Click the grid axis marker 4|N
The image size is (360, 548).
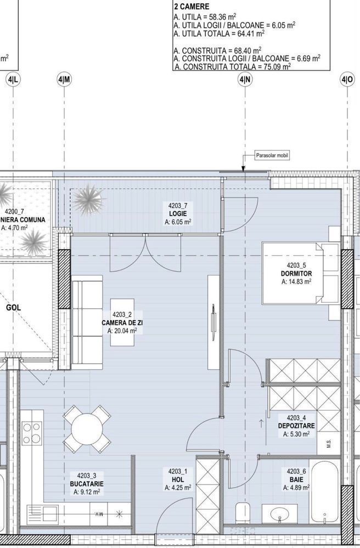[x=245, y=80]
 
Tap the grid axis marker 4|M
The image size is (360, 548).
[x=64, y=80]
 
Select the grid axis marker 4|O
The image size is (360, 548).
[x=347, y=80]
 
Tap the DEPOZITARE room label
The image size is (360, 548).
[x=296, y=425]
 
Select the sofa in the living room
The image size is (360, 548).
[x=86, y=323]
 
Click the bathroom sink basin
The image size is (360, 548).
[x=282, y=515]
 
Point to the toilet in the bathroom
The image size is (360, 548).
[x=240, y=513]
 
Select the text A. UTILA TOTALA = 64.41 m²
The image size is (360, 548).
[x=218, y=33]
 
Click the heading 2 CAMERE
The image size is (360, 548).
[x=191, y=7]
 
